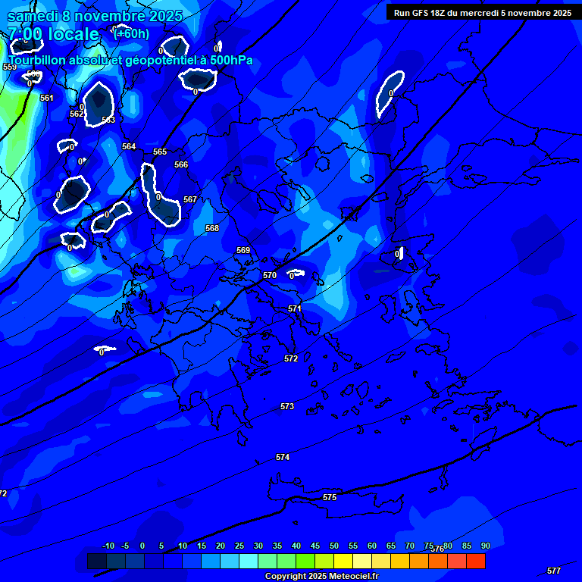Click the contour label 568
(x=212, y=228)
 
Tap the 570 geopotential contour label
(x=270, y=275)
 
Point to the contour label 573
(x=287, y=407)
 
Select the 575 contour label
(x=330, y=497)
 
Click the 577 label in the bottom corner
(x=554, y=571)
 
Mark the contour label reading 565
(x=160, y=152)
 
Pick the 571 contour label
(x=295, y=308)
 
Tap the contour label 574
(x=283, y=457)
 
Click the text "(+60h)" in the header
(x=131, y=33)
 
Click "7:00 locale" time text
(x=53, y=34)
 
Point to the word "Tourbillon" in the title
(x=38, y=61)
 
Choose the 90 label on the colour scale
(x=485, y=546)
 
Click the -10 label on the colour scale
(x=108, y=546)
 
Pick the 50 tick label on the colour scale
(x=334, y=546)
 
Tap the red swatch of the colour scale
(x=476, y=561)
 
